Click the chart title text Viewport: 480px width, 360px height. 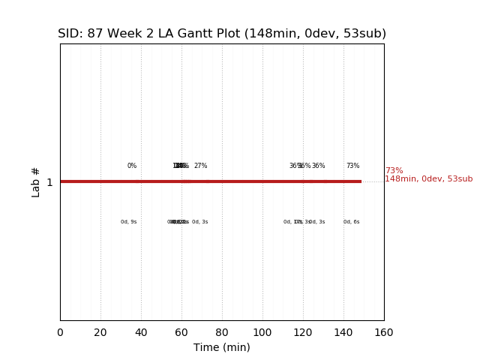point(222,34)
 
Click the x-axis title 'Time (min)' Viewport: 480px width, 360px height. point(222,347)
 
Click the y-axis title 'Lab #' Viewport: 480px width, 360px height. point(36,181)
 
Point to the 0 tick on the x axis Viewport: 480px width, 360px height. point(60,332)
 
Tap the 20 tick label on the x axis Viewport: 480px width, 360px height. point(100,332)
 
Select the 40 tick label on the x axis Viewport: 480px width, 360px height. point(141,332)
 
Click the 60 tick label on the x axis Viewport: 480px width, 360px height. point(181,332)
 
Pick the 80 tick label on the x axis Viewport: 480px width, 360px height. point(222,332)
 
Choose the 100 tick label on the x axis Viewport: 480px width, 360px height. point(262,332)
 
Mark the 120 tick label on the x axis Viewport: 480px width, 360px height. point(303,332)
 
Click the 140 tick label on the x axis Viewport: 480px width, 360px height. point(343,332)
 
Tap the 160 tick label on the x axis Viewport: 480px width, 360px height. point(384,332)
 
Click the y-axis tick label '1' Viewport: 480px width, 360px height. point(49,182)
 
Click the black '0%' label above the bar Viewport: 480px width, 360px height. point(132,166)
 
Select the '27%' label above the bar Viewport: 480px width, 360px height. point(200,166)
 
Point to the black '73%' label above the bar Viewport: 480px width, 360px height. point(352,166)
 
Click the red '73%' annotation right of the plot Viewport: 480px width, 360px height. point(394,171)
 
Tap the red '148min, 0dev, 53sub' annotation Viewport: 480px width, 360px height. point(428,179)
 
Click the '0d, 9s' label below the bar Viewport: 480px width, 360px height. point(129,222)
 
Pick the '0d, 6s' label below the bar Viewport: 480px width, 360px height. point(351,222)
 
